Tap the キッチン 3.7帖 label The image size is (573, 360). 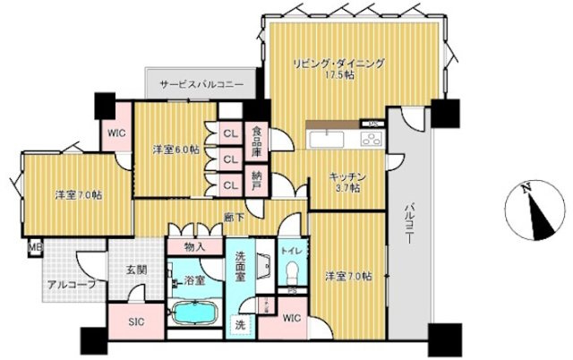(344, 182)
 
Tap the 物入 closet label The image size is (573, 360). (195, 245)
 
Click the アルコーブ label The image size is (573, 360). (73, 286)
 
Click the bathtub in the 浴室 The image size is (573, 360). (195, 315)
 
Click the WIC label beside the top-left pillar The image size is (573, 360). (116, 133)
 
